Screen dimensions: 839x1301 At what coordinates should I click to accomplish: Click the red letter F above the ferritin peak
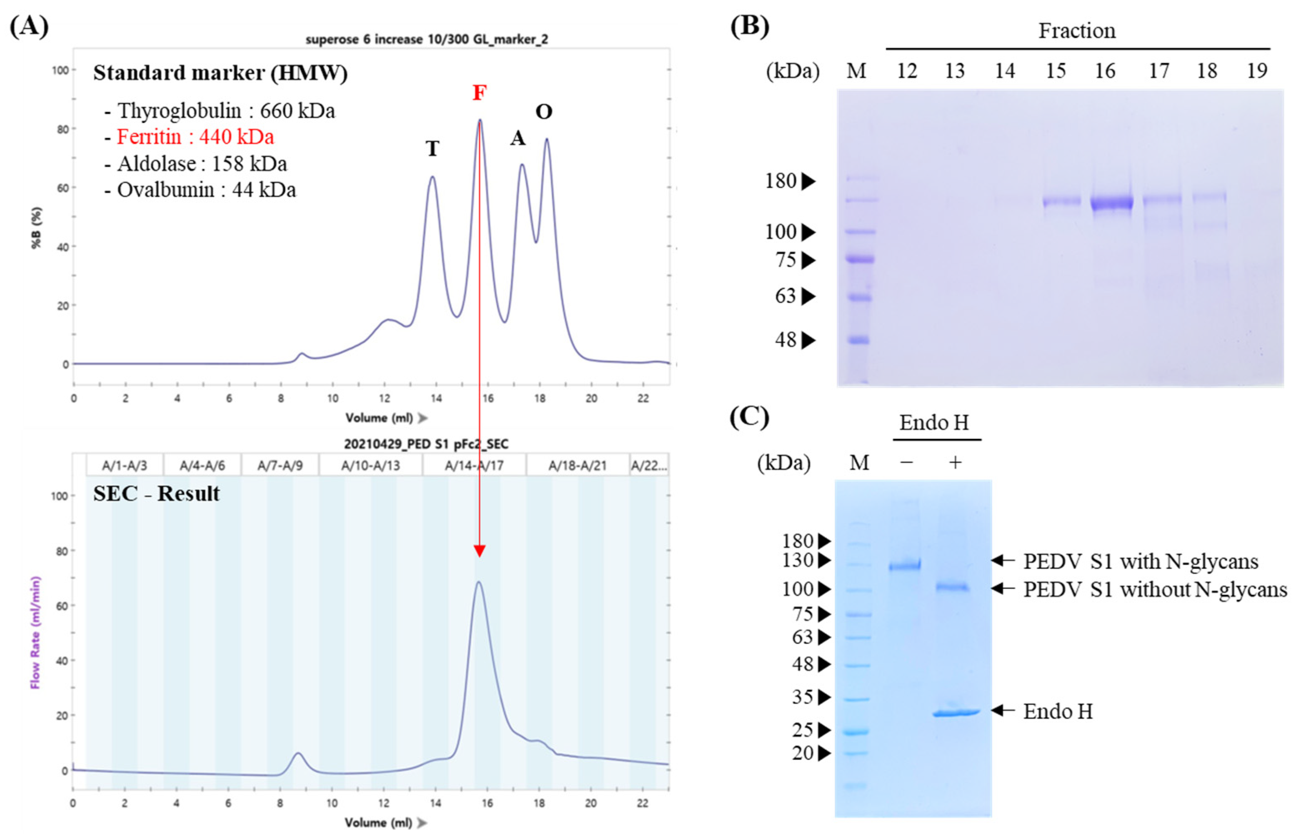click(x=479, y=93)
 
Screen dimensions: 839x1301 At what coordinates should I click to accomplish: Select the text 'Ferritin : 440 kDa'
click(x=195, y=137)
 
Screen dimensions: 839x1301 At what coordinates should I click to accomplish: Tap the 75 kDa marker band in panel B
click(x=860, y=259)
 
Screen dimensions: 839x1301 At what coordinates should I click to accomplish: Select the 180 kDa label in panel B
click(x=781, y=181)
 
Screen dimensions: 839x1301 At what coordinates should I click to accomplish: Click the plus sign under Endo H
click(x=955, y=463)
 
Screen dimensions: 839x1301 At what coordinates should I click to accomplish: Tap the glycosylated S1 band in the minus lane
click(x=905, y=566)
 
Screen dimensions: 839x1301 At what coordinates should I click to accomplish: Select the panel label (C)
click(x=749, y=417)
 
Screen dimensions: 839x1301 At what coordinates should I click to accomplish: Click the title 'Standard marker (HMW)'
click(x=220, y=73)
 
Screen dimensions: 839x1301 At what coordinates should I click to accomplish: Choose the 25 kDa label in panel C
click(x=802, y=730)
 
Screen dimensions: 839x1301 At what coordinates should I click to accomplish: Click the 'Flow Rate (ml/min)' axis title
click(x=35, y=632)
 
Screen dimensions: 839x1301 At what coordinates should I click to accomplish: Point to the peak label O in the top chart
click(x=543, y=112)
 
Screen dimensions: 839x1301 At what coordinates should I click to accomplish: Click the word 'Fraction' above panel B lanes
click(x=1077, y=30)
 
